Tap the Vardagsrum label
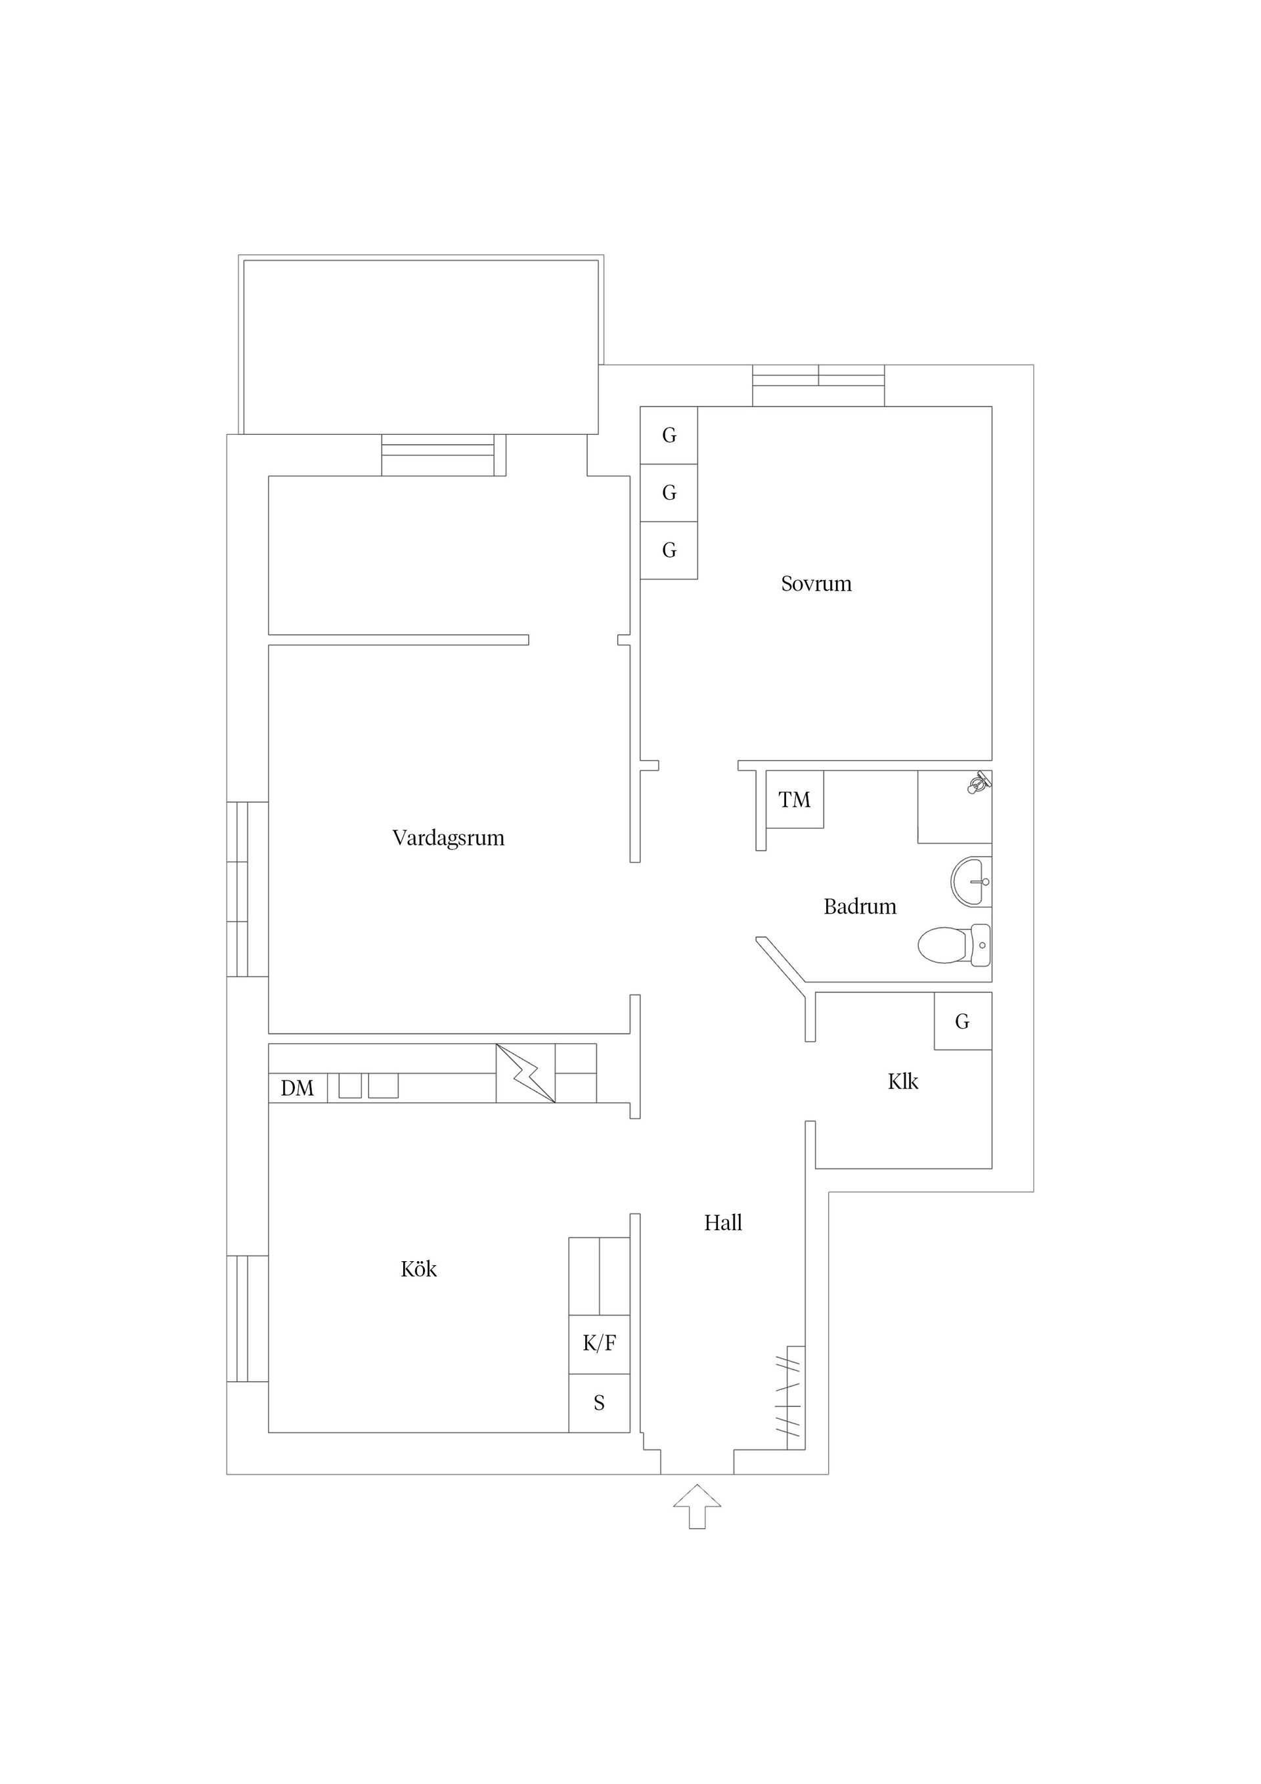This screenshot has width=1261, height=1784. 449,837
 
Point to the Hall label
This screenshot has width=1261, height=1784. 722,1223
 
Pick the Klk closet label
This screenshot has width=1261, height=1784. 903,1082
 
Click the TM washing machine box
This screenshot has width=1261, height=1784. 794,799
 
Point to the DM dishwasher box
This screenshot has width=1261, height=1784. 298,1088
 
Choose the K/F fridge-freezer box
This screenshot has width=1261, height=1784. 599,1343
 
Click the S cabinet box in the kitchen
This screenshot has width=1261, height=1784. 599,1402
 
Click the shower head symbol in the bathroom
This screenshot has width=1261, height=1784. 978,782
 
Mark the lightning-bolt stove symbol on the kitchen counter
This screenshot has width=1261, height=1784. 526,1073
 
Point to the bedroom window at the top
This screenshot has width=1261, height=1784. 818,386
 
